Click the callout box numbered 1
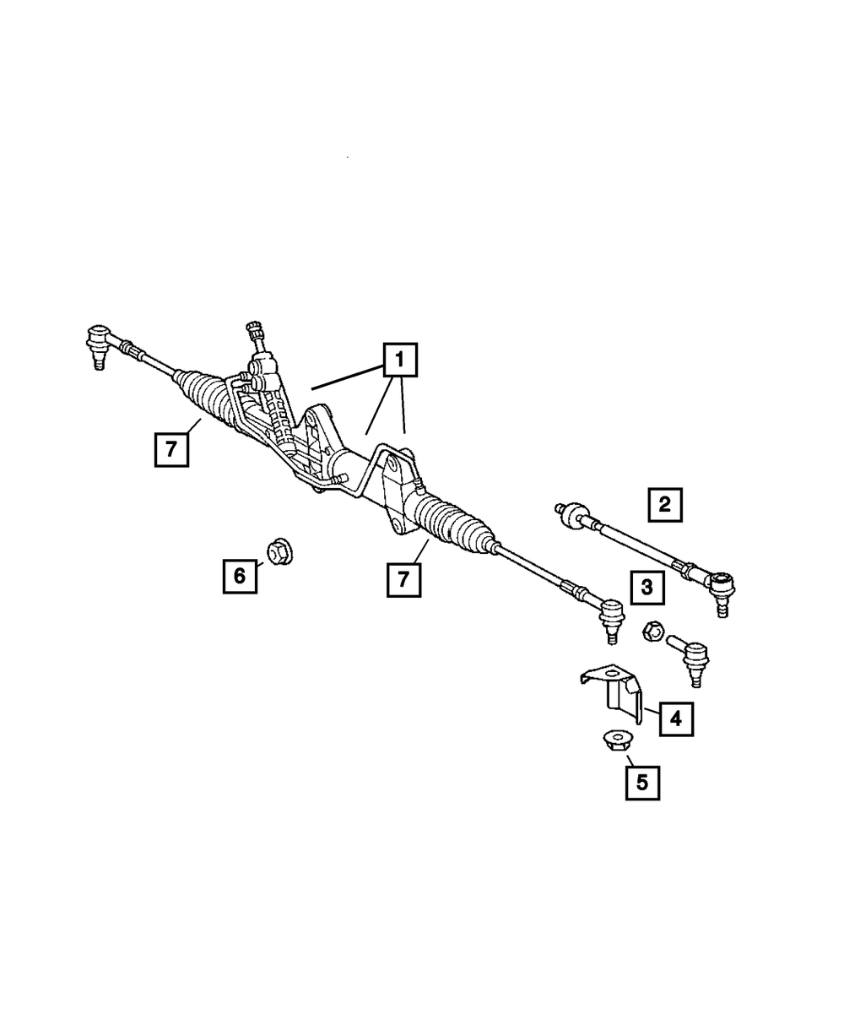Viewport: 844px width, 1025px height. coord(399,361)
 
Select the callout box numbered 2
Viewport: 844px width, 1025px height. coord(664,505)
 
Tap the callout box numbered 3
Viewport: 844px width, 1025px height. coord(646,587)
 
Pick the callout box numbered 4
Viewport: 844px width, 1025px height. coord(675,719)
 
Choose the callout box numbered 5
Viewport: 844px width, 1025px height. coord(641,782)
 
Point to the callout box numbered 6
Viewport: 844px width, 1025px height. coord(240,576)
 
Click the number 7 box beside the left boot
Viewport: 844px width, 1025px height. coord(171,449)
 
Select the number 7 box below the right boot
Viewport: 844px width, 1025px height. coord(403,580)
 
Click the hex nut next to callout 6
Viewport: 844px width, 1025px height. coord(279,551)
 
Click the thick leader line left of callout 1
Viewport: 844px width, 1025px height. coord(346,377)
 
